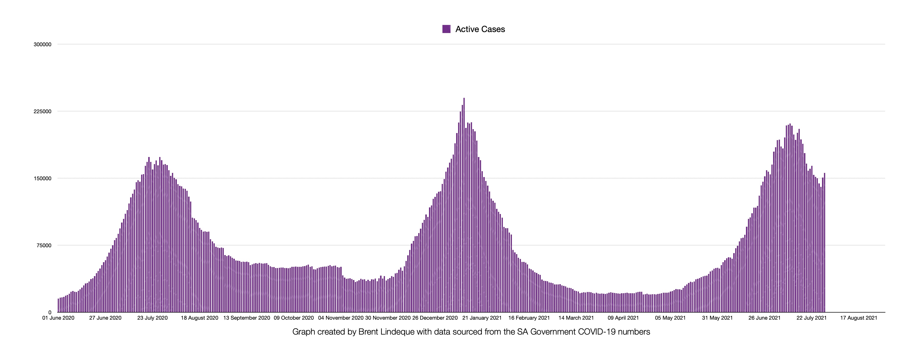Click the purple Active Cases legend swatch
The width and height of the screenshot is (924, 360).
click(x=446, y=29)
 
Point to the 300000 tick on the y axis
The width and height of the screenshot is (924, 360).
click(x=42, y=45)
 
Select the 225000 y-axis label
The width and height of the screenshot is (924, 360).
click(x=42, y=112)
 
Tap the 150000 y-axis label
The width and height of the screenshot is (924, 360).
click(x=42, y=179)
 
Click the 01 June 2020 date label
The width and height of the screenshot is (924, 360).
click(x=58, y=318)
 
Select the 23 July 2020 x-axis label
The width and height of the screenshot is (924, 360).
click(x=152, y=318)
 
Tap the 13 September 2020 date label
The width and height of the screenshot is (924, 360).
click(x=247, y=318)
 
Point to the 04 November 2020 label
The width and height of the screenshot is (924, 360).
click(x=341, y=318)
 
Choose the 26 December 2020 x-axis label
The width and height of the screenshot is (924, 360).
click(x=435, y=318)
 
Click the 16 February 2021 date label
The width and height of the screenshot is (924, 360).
click(x=529, y=318)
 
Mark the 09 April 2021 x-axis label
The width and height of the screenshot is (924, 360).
click(x=623, y=318)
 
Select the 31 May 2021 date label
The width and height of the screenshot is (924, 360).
click(x=717, y=318)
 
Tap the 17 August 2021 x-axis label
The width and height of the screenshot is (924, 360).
click(x=859, y=318)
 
